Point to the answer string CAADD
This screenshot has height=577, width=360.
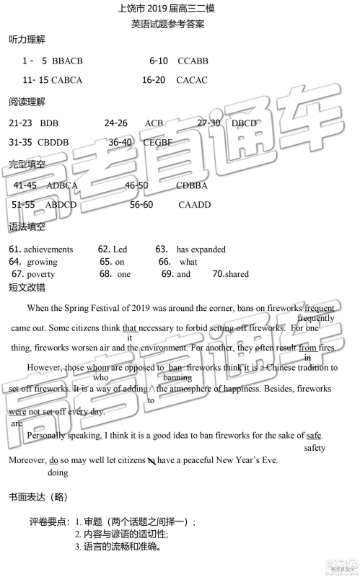pos(195,205)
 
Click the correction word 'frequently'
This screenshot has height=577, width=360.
pos(315,318)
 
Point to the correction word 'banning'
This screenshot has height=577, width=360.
pos(177,377)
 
